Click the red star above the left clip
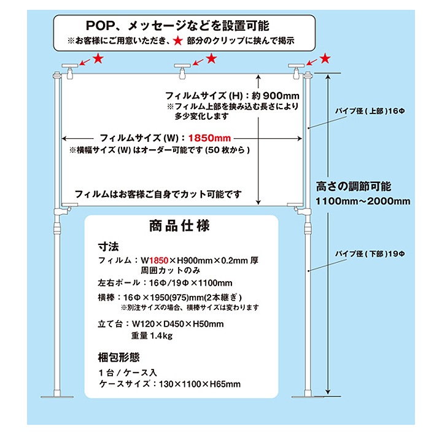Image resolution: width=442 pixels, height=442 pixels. tap(98, 58)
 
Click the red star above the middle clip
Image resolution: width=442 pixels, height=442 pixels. tap(212, 58)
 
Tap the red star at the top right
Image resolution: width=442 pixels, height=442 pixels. tap(325, 58)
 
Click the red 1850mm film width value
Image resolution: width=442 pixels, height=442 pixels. tap(209, 138)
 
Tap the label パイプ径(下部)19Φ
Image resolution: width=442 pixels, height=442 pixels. tap(370, 253)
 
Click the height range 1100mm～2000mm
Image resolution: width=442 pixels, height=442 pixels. tap(363, 201)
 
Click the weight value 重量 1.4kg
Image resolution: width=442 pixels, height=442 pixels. tap(151, 336)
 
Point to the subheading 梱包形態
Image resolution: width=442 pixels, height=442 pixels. tap(120, 358)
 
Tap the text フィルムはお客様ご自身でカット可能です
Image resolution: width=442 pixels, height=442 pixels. tap(158, 194)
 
